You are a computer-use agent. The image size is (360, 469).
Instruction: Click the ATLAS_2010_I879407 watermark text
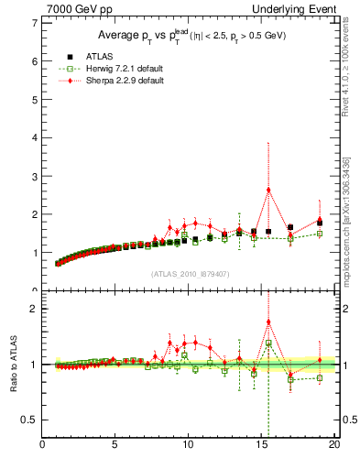[189, 273]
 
